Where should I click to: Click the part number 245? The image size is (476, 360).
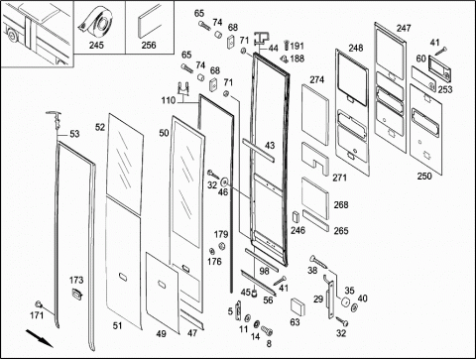point(96,45)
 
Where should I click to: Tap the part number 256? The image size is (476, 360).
point(149,45)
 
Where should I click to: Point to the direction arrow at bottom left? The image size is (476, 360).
point(39,338)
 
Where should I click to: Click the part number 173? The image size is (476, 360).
point(76,280)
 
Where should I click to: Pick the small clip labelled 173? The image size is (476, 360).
point(77,294)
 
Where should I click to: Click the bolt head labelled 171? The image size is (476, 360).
point(39,303)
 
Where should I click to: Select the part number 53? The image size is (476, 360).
point(74,134)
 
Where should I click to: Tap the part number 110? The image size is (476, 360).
point(169,100)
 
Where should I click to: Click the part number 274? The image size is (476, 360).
point(317,79)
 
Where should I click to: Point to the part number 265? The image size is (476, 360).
point(341,230)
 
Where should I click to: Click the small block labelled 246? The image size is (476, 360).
point(296,216)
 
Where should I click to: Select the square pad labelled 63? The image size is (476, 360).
point(297,307)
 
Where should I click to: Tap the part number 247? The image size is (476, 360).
point(404,29)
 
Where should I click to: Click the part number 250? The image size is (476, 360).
point(424,176)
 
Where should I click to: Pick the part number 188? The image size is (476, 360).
point(297,59)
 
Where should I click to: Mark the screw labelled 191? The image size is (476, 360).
point(287,46)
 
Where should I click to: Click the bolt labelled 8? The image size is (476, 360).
point(267,330)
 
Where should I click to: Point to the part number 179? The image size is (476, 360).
point(221,234)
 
